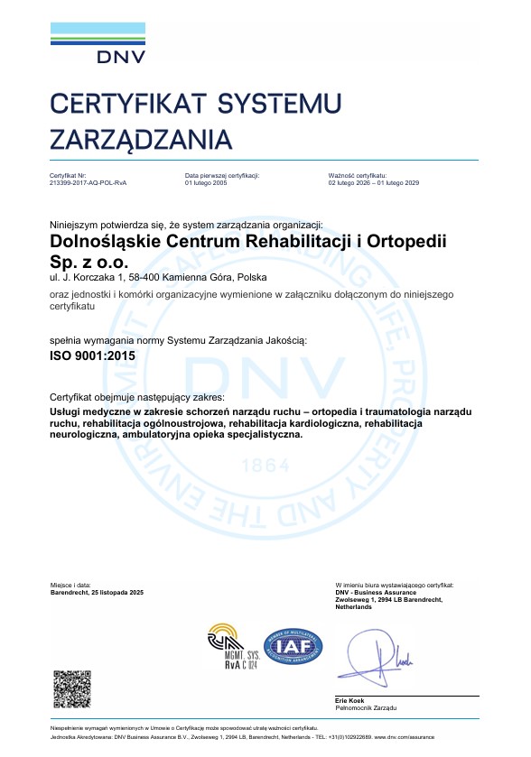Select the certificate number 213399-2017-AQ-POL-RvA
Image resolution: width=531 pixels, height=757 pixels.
[88, 182]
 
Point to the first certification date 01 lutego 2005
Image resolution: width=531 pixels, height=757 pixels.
[206, 182]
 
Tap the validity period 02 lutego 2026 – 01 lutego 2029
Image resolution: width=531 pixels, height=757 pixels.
[374, 182]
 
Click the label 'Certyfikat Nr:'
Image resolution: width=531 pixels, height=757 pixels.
[68, 175]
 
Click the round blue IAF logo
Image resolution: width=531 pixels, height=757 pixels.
[291, 647]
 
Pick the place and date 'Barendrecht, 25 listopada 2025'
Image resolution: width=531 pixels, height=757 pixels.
[97, 592]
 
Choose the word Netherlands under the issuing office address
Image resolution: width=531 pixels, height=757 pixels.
[353, 607]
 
